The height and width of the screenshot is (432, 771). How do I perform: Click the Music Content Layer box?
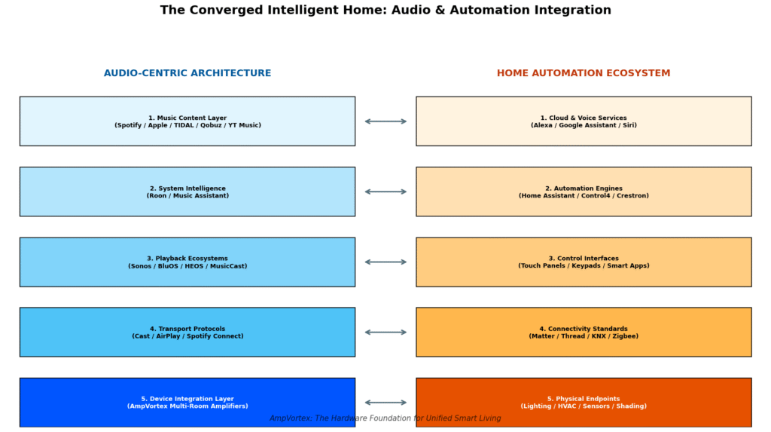[187, 121]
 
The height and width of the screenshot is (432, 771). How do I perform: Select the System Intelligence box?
[187, 191]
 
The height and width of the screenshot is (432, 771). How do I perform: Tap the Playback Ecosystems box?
[187, 262]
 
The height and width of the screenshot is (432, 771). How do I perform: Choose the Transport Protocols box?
[187, 332]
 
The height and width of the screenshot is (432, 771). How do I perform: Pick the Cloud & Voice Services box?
[584, 121]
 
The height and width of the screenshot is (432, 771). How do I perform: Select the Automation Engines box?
[584, 191]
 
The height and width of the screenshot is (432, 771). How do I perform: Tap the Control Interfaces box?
[584, 262]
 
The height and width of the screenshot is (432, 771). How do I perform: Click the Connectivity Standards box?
[584, 332]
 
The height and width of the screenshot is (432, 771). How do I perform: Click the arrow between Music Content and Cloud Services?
[385, 121]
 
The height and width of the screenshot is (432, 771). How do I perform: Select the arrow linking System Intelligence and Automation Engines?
[385, 191]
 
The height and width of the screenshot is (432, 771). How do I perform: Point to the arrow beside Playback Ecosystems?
[385, 262]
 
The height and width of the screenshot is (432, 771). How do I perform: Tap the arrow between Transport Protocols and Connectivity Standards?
[385, 332]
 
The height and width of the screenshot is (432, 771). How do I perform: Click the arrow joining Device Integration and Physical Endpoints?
[385, 402]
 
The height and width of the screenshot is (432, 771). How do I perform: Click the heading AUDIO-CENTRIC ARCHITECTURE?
[187, 73]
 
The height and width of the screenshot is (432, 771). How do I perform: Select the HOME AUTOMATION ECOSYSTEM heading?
[584, 73]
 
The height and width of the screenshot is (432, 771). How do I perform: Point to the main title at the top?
[385, 11]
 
